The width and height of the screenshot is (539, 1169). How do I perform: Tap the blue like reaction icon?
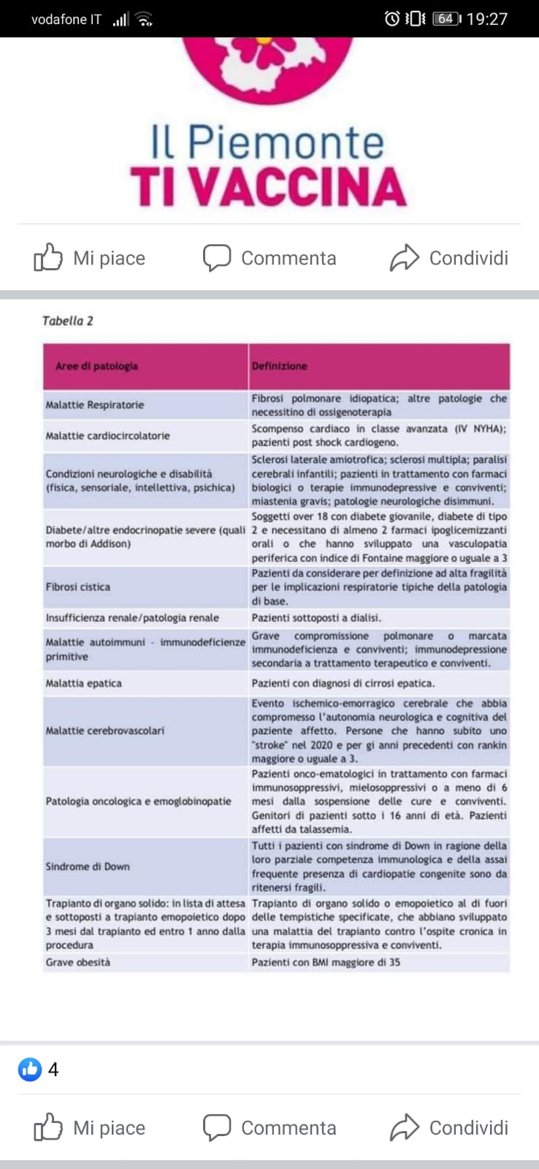tap(30, 1070)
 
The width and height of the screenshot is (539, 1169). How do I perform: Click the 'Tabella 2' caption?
tap(67, 321)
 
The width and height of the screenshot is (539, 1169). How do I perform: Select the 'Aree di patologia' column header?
tap(96, 366)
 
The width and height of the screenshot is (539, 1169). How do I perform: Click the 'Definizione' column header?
tap(279, 366)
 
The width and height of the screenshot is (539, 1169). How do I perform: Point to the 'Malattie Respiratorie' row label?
tap(95, 405)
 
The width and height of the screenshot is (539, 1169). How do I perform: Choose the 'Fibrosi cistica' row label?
tap(78, 587)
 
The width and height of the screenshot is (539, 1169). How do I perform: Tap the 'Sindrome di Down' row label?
tap(88, 867)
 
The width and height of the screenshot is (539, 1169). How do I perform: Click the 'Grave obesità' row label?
tap(78, 962)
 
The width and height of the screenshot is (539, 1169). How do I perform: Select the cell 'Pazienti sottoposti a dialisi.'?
tap(316, 618)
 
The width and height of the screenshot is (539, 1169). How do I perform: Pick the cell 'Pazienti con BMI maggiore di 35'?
tap(326, 962)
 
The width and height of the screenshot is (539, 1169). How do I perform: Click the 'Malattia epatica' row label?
tap(84, 683)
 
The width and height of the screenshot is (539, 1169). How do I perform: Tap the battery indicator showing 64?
tap(446, 19)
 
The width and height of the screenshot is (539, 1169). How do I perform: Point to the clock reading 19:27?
tap(487, 19)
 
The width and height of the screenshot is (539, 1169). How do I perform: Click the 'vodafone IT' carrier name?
tap(66, 20)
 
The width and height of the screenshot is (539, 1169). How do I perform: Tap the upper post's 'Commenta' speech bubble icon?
tap(216, 258)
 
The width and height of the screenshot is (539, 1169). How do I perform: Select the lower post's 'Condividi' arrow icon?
tap(405, 1127)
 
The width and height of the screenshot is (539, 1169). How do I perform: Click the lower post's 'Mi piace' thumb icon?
tap(48, 1127)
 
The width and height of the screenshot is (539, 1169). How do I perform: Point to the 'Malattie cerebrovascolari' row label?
tap(105, 731)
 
